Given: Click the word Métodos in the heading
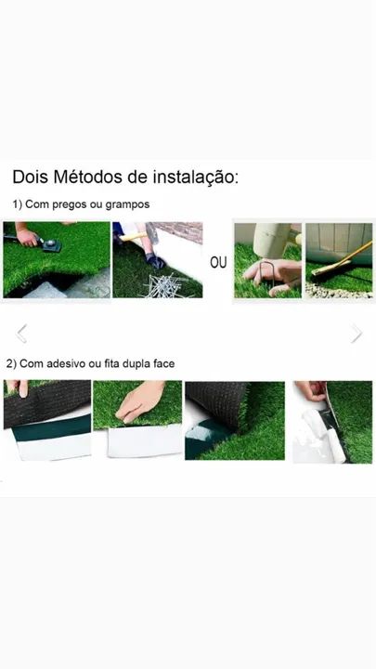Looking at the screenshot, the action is pyautogui.click(x=88, y=177).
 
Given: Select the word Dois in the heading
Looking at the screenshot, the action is pyautogui.click(x=30, y=177).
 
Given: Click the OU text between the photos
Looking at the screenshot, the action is pyautogui.click(x=218, y=262).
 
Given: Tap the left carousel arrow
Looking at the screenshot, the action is pyautogui.click(x=21, y=334).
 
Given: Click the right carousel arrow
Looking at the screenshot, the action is pyautogui.click(x=357, y=334).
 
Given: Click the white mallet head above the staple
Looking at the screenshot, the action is pyautogui.click(x=272, y=240).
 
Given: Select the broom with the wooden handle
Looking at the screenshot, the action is pyautogui.click(x=341, y=261).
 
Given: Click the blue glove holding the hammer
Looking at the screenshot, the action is pyautogui.click(x=154, y=261).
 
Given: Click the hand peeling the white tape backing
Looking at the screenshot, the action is pyautogui.click(x=311, y=390).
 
